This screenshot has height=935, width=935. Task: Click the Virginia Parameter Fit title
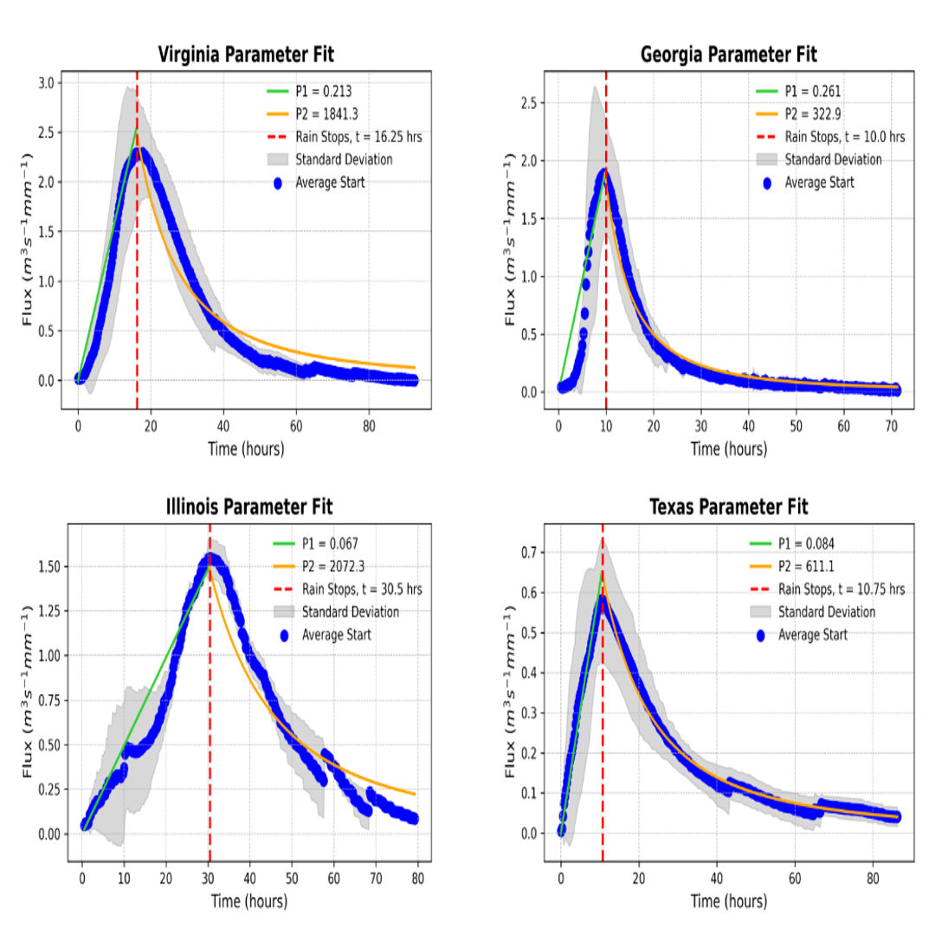pyautogui.click(x=246, y=55)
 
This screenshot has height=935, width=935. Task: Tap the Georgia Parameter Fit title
pyautogui.click(x=728, y=55)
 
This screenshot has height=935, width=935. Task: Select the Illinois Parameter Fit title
pyautogui.click(x=249, y=506)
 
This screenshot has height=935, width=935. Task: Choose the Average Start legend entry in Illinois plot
pyautogui.click(x=336, y=635)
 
